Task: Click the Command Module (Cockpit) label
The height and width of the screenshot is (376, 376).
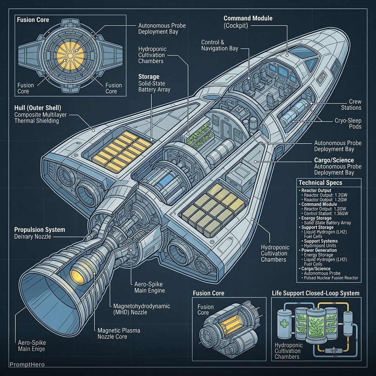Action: click(x=248, y=22)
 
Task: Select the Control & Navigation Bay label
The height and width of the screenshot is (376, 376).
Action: click(x=220, y=45)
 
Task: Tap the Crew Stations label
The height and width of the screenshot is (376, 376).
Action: click(x=351, y=105)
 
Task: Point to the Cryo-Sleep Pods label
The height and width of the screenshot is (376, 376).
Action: click(x=348, y=123)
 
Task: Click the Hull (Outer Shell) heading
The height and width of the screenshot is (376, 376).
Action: click(x=38, y=108)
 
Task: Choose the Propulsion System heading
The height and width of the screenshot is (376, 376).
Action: click(x=40, y=229)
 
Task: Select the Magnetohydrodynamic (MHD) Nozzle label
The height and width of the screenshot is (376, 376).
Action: click(x=141, y=309)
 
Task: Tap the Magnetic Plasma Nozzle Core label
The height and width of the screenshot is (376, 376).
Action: click(x=119, y=333)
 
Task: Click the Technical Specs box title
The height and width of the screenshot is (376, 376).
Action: click(x=320, y=183)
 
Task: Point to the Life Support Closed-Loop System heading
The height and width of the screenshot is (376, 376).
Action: click(x=315, y=293)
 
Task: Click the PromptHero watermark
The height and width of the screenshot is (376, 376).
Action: click(x=27, y=365)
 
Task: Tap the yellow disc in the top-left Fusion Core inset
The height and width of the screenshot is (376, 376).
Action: click(x=70, y=56)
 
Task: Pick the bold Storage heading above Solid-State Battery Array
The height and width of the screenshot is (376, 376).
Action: click(x=149, y=76)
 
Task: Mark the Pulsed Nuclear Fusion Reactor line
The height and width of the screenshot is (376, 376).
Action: click(x=331, y=278)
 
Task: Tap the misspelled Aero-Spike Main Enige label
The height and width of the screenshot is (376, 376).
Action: click(x=32, y=346)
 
